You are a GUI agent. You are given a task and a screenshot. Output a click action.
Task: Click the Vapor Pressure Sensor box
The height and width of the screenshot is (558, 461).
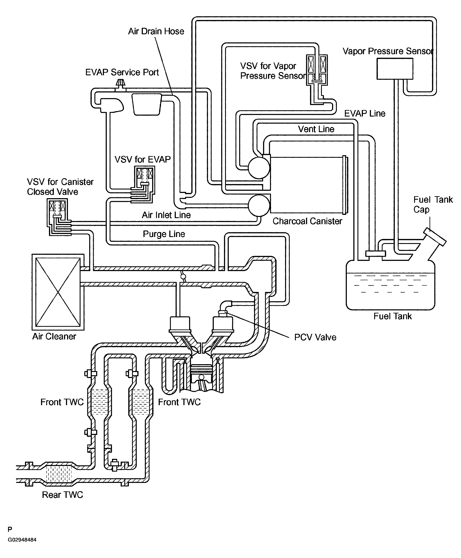(x=395, y=69)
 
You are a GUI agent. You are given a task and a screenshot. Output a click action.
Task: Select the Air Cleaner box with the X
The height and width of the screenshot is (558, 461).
(x=58, y=292)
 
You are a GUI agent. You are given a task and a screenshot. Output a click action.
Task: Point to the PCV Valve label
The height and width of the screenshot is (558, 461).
(x=315, y=337)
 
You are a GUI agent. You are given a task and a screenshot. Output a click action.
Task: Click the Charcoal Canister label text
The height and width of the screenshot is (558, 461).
(x=307, y=221)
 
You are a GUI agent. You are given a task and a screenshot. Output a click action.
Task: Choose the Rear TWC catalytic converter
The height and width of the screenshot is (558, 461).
(x=59, y=474)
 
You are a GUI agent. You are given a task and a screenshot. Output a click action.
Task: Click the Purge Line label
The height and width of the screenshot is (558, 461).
(x=164, y=234)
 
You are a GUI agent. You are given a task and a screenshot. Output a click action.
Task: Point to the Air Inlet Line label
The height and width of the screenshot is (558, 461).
(x=166, y=215)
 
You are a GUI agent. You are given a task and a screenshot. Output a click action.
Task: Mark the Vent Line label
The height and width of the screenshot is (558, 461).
(x=316, y=129)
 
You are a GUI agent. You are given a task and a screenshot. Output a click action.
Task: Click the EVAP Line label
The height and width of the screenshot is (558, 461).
(x=365, y=114)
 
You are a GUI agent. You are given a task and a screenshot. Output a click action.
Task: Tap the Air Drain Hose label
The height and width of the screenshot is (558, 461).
(x=156, y=31)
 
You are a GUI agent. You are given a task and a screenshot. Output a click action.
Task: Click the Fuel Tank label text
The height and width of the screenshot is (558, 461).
(x=392, y=316)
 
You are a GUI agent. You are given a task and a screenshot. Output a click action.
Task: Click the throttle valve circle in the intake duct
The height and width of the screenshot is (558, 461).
(x=183, y=277)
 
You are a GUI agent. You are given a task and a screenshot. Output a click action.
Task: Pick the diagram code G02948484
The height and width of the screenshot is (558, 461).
(x=22, y=540)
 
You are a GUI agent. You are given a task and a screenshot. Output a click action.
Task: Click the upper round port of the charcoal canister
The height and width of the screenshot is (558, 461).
(x=259, y=168)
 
